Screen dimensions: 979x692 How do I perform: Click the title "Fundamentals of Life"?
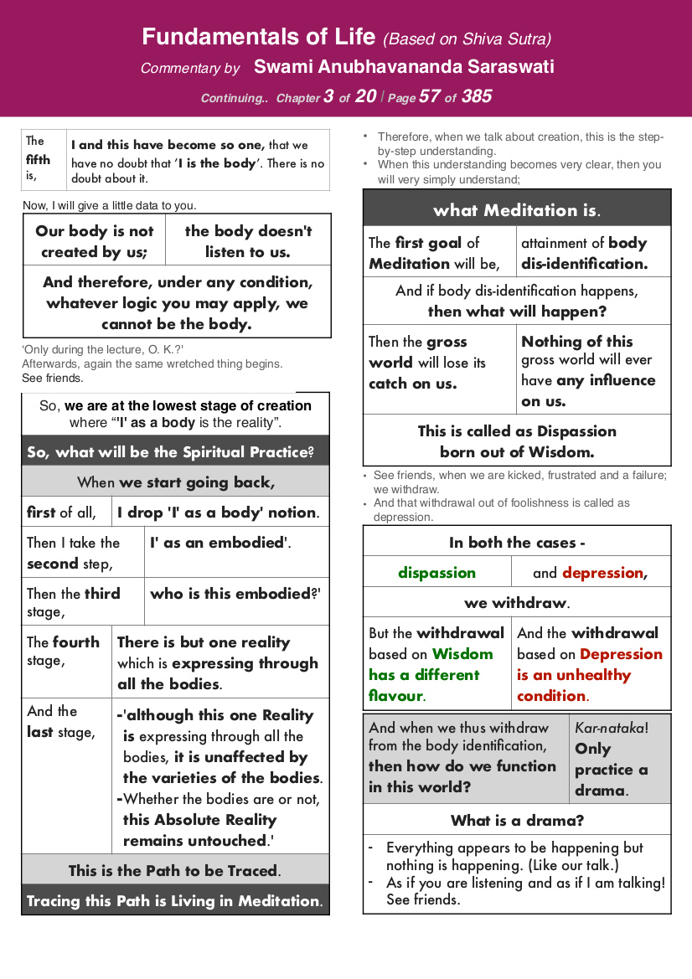[260, 38]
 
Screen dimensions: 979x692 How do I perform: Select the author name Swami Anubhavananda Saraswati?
[404, 67]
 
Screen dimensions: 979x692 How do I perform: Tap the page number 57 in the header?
[429, 96]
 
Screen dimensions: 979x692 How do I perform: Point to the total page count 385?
[476, 96]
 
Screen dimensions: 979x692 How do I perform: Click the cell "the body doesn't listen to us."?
[248, 241]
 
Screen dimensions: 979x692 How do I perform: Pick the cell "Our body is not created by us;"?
[94, 241]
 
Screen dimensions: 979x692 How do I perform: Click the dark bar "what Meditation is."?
[516, 209]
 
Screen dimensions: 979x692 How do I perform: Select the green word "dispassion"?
[436, 573]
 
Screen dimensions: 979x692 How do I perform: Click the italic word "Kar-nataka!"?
[612, 728]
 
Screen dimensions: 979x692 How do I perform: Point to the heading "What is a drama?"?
[517, 820]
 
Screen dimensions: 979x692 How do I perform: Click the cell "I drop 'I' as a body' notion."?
[218, 512]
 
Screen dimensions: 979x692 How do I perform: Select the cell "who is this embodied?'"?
[235, 594]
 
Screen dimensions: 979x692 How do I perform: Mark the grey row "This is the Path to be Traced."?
[175, 870]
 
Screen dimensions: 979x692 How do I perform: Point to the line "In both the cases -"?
[516, 542]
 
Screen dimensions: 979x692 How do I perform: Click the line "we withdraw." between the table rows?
[516, 603]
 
